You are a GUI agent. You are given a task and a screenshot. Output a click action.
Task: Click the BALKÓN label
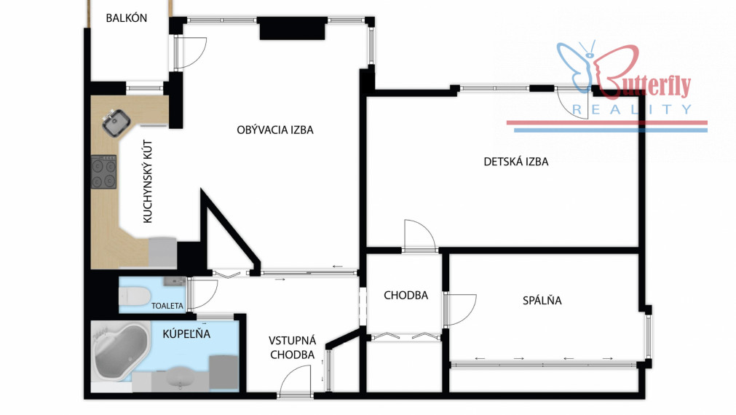pos(126,18)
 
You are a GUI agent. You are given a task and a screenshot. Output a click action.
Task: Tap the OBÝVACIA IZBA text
pos(275,130)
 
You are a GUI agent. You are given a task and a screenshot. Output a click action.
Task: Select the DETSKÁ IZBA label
pos(516,162)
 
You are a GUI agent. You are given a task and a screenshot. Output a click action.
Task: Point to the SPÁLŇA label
pos(542,301)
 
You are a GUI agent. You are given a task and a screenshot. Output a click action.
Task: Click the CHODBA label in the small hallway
pos(406,296)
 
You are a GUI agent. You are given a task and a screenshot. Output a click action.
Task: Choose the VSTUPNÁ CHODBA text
pos(293,347)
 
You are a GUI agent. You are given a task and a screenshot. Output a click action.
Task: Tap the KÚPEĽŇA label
pos(186,333)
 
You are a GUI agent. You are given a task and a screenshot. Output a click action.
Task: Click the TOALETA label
pos(167,306)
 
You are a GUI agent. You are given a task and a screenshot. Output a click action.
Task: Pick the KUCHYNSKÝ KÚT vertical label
pos(147,182)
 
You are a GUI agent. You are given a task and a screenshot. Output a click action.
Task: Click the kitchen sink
pos(116,122)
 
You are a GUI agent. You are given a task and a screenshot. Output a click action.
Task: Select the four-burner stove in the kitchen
pos(103,172)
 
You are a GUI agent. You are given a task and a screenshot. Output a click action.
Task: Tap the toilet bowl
pos(135,296)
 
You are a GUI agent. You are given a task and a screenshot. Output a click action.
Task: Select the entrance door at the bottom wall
pos(296,382)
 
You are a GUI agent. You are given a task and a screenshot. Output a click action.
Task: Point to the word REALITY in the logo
pos(632,110)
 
